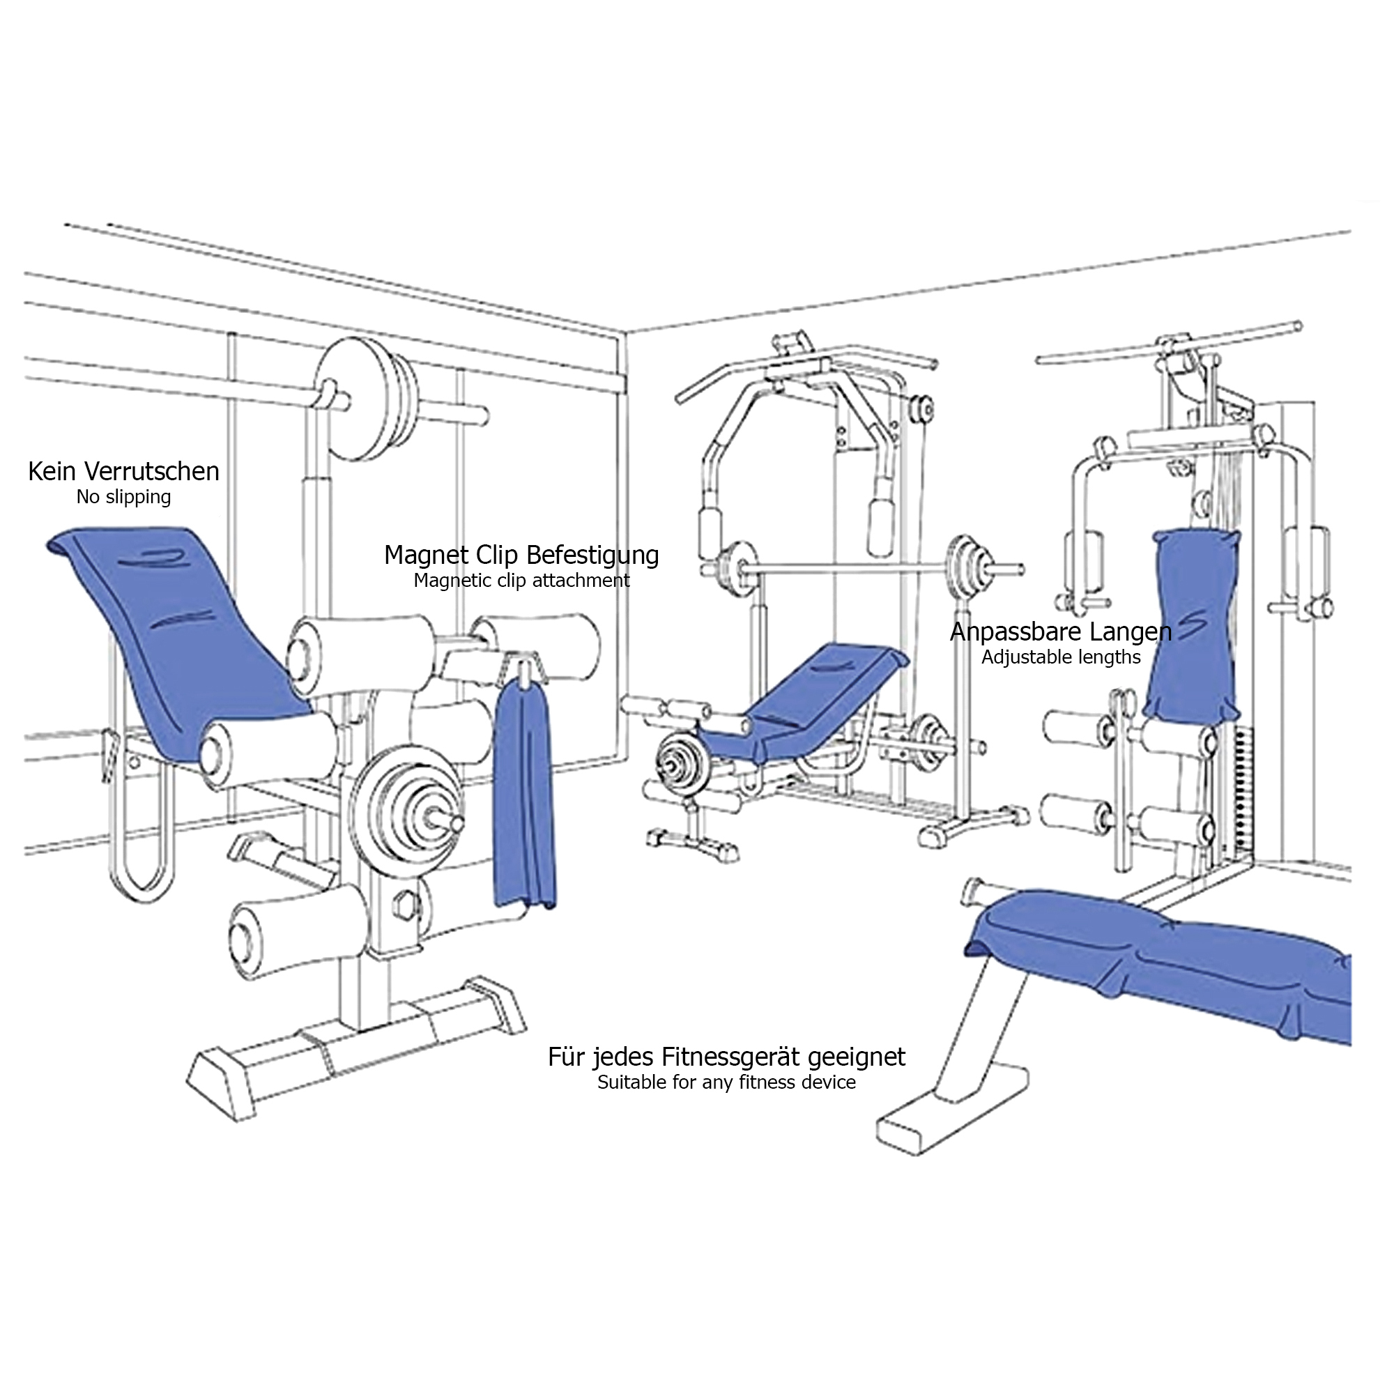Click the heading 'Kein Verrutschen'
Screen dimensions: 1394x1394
(x=123, y=472)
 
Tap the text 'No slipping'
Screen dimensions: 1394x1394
(x=123, y=498)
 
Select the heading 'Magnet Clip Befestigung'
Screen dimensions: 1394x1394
(x=521, y=556)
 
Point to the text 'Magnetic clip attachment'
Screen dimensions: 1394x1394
(x=521, y=581)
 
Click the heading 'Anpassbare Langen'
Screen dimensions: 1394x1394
(x=1061, y=632)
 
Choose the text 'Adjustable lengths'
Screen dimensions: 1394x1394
(x=1061, y=657)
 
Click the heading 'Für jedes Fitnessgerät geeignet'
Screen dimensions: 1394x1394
(x=726, y=1057)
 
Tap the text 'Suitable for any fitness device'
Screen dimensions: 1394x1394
(x=726, y=1082)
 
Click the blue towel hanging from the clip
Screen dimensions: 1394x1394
(x=525, y=794)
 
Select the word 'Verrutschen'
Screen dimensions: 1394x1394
(x=152, y=472)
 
